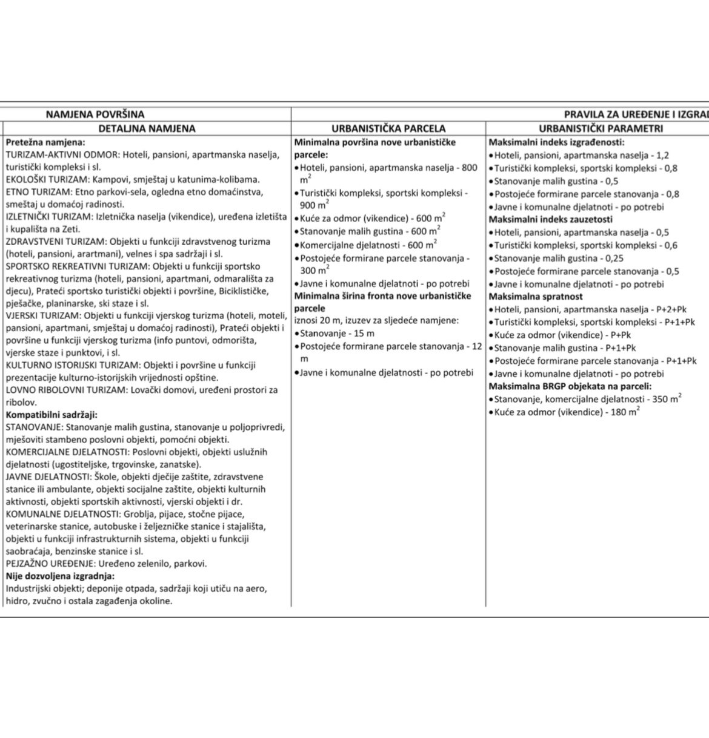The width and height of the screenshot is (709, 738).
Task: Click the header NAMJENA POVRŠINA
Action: click(x=95, y=114)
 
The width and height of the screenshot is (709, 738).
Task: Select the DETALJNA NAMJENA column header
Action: click(x=147, y=128)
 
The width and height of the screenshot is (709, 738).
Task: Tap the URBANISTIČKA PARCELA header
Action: click(x=388, y=128)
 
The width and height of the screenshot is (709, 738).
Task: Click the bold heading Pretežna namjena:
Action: click(x=45, y=142)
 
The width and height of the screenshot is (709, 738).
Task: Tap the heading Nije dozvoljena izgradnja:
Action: click(x=60, y=576)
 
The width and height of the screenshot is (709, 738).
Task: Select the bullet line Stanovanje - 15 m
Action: click(x=337, y=334)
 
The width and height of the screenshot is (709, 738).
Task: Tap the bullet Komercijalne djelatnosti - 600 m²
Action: click(x=368, y=245)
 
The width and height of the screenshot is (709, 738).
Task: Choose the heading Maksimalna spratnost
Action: click(x=536, y=297)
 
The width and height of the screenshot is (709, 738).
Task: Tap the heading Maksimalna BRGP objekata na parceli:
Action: click(x=570, y=386)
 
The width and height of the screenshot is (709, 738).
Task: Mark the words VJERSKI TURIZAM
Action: click(x=44, y=315)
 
